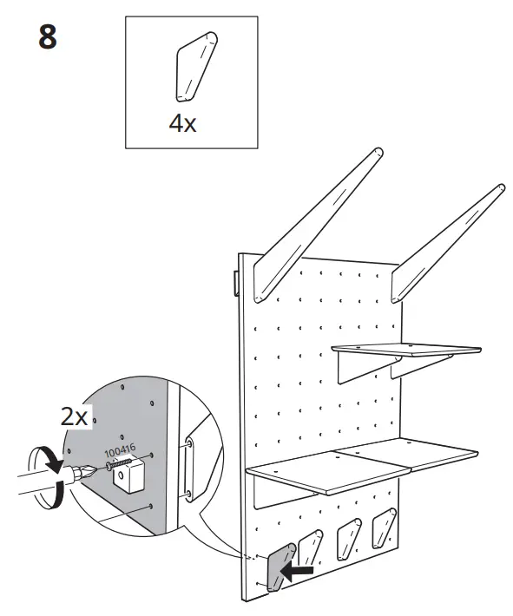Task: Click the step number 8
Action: [48, 36]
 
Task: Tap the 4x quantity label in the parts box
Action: [182, 124]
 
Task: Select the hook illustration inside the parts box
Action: [196, 67]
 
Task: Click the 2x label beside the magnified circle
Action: [74, 416]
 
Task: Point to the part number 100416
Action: [120, 450]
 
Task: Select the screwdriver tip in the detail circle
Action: [83, 474]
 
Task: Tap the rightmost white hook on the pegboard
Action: [384, 528]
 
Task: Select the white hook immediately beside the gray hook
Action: [311, 547]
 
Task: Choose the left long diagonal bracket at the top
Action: [317, 225]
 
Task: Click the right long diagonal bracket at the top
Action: [447, 243]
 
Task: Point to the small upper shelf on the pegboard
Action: [406, 350]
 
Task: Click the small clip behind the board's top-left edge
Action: [236, 283]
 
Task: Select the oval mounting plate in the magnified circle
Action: [189, 469]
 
